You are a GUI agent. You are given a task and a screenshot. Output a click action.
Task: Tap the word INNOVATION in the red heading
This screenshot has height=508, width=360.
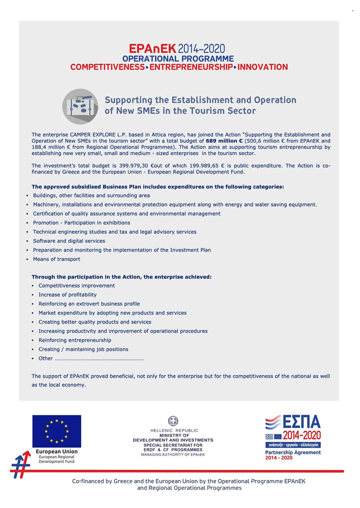click(x=262, y=67)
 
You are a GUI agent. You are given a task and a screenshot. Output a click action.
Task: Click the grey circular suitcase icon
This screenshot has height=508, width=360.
click(x=80, y=106)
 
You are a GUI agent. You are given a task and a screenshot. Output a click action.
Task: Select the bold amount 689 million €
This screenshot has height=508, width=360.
click(x=224, y=141)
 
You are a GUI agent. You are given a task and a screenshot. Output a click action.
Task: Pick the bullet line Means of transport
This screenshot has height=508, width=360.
click(x=56, y=259)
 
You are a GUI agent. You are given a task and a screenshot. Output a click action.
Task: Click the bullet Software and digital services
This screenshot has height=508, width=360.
click(x=69, y=241)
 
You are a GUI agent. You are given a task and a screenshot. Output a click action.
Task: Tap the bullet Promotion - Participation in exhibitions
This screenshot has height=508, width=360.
click(x=81, y=223)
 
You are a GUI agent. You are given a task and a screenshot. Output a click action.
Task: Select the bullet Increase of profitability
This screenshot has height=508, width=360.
click(x=67, y=295)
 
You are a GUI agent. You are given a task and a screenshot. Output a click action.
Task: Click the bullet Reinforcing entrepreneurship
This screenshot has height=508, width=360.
click(x=75, y=340)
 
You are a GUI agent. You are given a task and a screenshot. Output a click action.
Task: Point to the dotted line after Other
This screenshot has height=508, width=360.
click(x=99, y=359)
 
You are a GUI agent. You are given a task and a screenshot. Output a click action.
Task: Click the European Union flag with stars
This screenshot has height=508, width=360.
click(x=56, y=431)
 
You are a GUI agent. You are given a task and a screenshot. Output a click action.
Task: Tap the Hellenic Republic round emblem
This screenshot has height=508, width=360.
click(x=173, y=421)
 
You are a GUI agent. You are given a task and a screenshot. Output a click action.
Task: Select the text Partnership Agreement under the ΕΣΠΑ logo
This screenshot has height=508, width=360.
click(x=293, y=453)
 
